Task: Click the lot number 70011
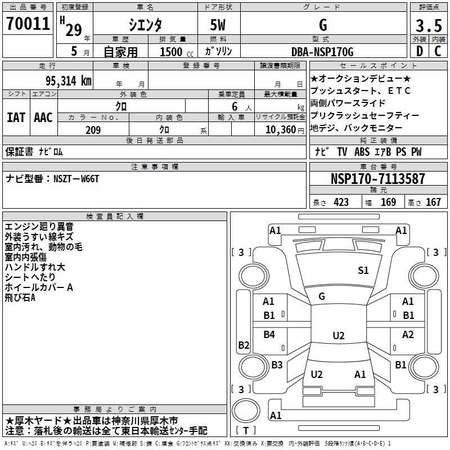[x=28, y=24]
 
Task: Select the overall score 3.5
[x=428, y=26]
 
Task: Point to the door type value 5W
[x=220, y=26]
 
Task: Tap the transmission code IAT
[x=16, y=118]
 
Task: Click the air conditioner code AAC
[x=43, y=118]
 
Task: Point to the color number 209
[x=93, y=130]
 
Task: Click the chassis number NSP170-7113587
[x=377, y=179]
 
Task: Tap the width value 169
[x=388, y=202]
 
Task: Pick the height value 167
[x=433, y=202]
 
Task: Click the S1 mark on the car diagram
[x=363, y=271]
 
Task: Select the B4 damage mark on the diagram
[x=270, y=335]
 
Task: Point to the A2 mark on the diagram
[x=408, y=335]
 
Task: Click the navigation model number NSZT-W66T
[x=76, y=178]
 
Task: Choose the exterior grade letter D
[x=419, y=52]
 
